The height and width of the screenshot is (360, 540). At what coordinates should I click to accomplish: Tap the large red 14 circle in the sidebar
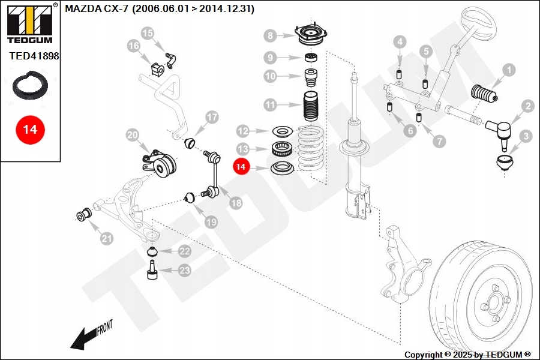point(30,129)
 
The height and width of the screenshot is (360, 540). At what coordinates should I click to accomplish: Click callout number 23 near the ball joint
point(184,271)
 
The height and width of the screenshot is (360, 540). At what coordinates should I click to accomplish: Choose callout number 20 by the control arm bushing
point(133,136)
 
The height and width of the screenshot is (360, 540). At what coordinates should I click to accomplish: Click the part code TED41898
point(34,56)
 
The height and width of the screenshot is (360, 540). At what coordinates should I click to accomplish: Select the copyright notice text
point(467,355)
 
